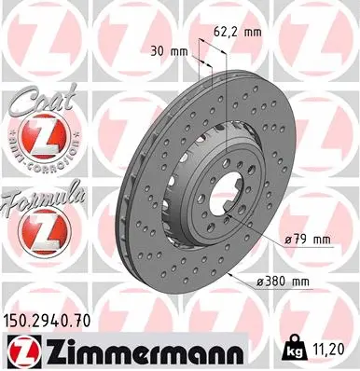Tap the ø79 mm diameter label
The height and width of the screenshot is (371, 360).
coord(308,240)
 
